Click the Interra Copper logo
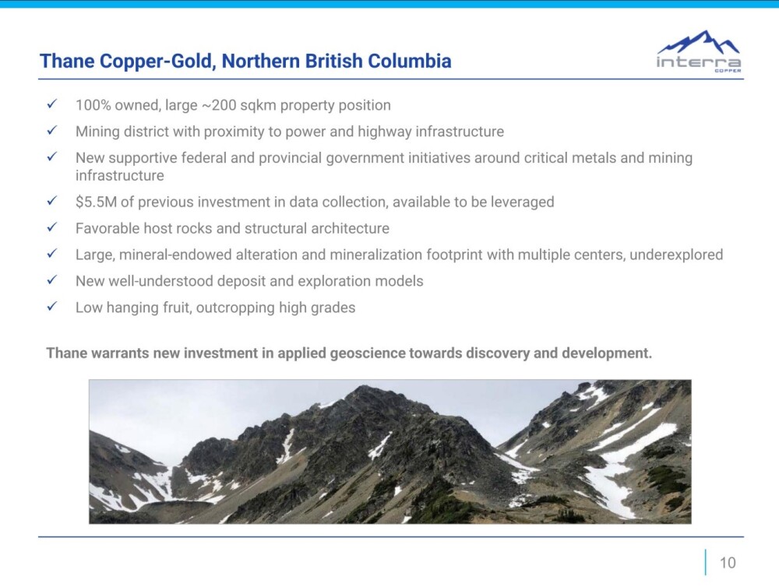699,51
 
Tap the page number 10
728,563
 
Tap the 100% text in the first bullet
91,105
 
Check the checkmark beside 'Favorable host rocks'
51,227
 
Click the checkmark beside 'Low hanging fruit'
51,306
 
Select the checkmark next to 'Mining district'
51,130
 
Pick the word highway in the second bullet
385,132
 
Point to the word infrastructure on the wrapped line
120,176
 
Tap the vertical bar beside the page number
706,562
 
